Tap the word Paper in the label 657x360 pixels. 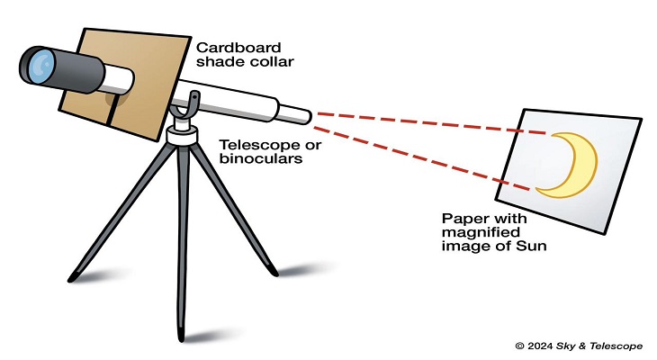(462, 219)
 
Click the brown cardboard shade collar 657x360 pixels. (144, 126)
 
